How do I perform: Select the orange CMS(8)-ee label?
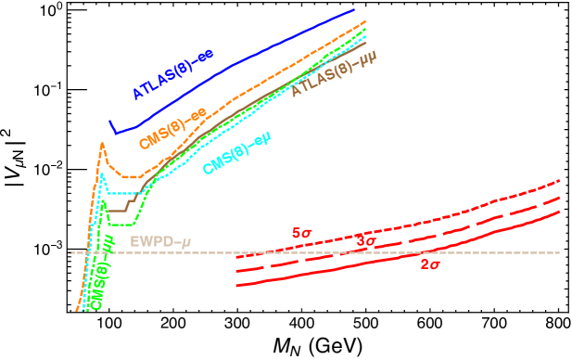(x=172, y=128)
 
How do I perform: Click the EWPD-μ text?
(x=160, y=242)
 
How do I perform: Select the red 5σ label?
(x=302, y=233)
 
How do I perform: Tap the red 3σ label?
(x=366, y=242)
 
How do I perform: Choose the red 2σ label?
(x=430, y=264)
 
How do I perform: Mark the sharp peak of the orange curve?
(x=102, y=143)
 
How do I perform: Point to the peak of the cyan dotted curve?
(x=104, y=176)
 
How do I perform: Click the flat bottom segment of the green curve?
(x=122, y=225)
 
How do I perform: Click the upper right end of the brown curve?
(x=365, y=43)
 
